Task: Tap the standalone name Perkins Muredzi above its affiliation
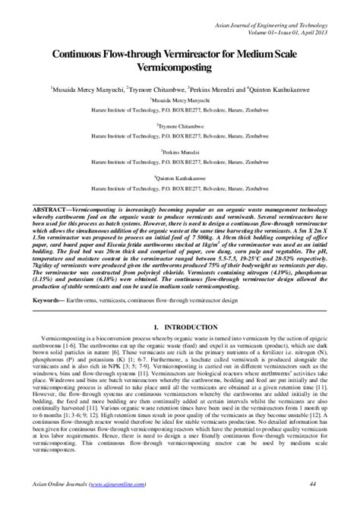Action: pos(179,152)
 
